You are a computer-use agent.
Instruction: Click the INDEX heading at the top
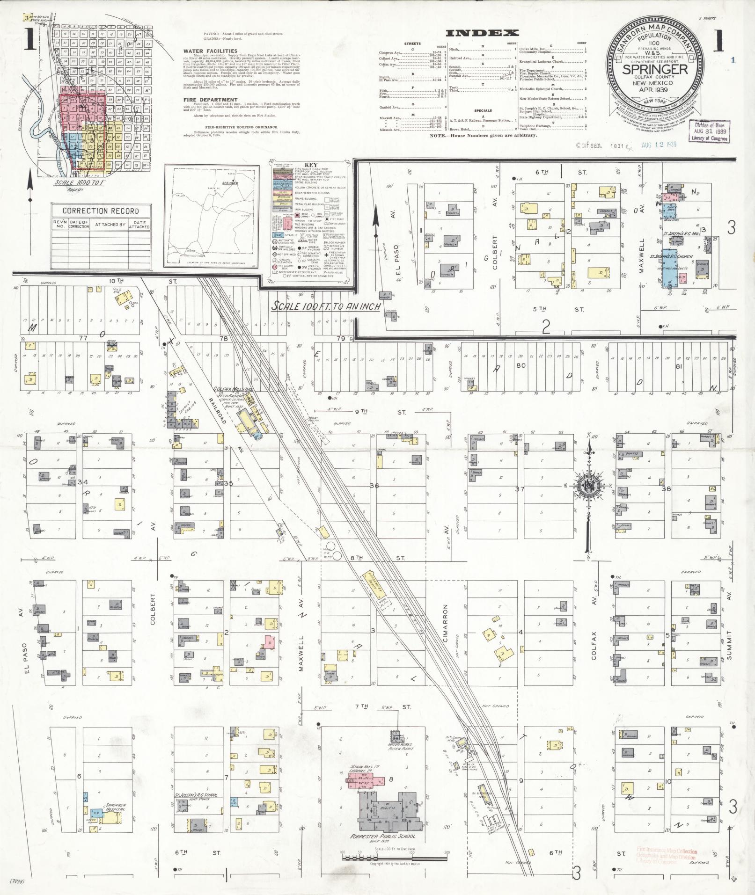(x=482, y=33)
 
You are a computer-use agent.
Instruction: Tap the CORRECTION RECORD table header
(x=101, y=211)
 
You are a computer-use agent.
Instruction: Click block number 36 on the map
(x=374, y=486)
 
